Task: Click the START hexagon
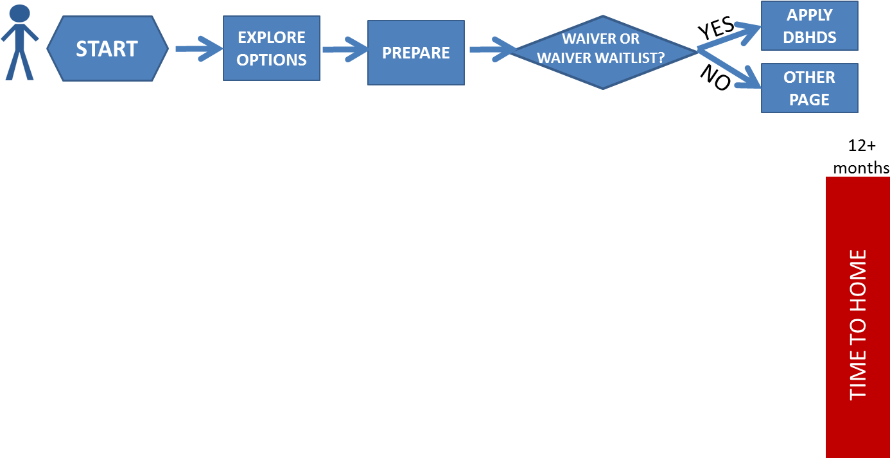107,49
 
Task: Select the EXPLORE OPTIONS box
271,48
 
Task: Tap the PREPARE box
415,53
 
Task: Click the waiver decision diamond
602,51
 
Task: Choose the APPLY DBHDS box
809,26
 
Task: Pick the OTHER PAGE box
809,88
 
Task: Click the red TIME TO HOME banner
857,317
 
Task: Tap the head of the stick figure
20,13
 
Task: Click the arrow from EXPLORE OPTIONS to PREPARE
344,49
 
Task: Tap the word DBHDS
809,37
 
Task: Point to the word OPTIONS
271,60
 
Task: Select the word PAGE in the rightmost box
809,100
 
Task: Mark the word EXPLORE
271,37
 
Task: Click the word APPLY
809,15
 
